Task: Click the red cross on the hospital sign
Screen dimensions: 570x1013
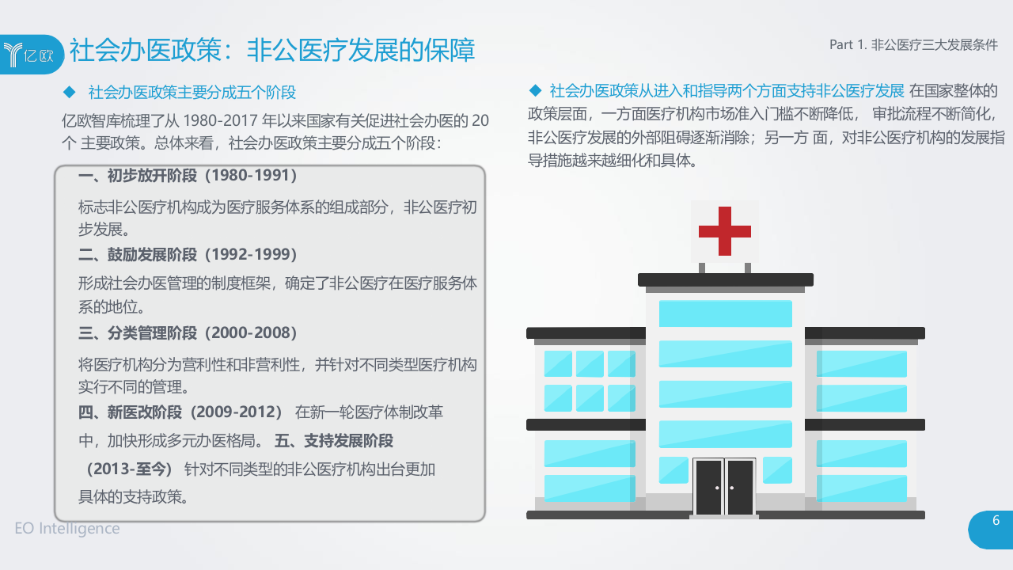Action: (x=724, y=230)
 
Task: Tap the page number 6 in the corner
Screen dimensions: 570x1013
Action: (x=996, y=521)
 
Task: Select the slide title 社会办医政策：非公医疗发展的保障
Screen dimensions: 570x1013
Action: (x=272, y=51)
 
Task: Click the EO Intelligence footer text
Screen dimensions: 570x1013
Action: (x=67, y=528)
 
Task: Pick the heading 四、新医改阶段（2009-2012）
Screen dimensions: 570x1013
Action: (x=180, y=412)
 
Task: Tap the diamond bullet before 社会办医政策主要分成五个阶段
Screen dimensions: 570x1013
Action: (x=68, y=92)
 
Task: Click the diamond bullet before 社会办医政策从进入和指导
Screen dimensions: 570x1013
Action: (x=535, y=89)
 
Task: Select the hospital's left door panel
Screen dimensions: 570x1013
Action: (x=708, y=487)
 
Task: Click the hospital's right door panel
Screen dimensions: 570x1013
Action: (x=740, y=487)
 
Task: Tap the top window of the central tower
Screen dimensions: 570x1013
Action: (x=725, y=313)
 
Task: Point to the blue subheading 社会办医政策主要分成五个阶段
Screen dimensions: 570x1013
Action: (x=192, y=93)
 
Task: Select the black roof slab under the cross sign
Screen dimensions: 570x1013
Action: (x=725, y=279)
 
